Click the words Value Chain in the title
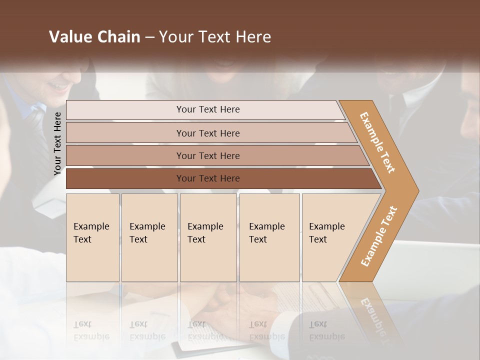[x=94, y=37]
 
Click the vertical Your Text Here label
[x=57, y=143]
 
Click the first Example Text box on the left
[x=92, y=237]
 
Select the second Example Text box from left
[x=149, y=237]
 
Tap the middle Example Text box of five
[x=208, y=237]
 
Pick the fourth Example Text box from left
[x=269, y=237]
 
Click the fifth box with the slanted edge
[x=330, y=237]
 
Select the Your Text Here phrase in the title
[x=215, y=37]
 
